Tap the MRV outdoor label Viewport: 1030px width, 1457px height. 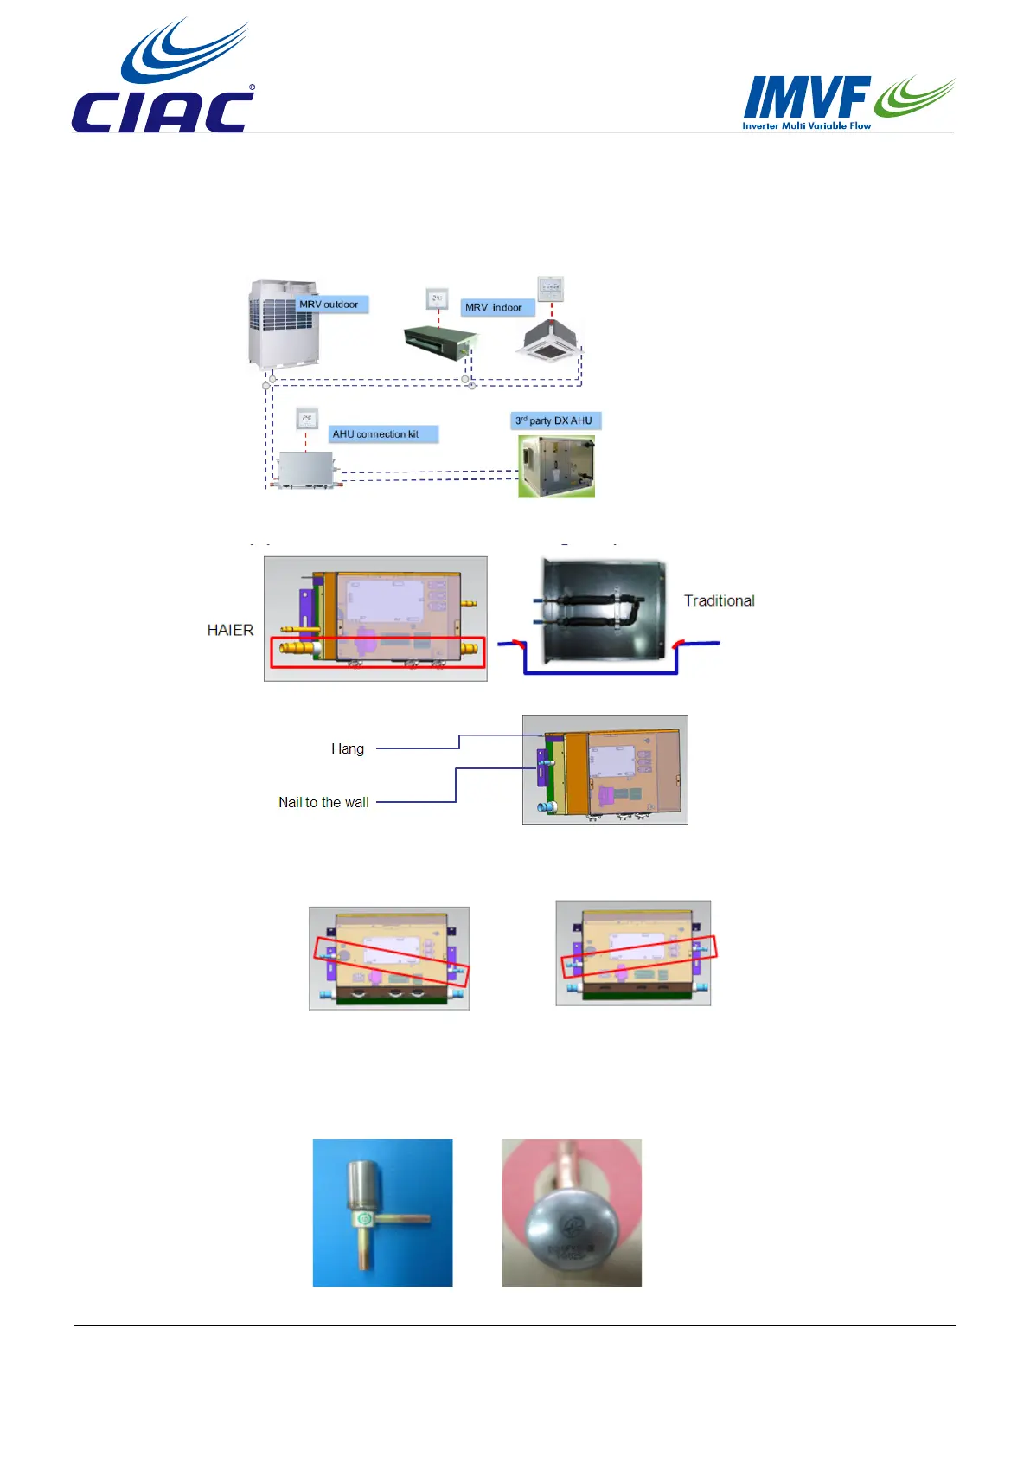click(329, 305)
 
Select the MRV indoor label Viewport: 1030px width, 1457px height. click(495, 307)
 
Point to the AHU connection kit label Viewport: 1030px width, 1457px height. click(377, 434)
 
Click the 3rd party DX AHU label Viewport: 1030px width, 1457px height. click(554, 420)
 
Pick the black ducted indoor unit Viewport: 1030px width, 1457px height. click(438, 343)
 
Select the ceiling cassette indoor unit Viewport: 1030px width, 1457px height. click(550, 343)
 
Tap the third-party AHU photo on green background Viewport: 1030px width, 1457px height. click(556, 466)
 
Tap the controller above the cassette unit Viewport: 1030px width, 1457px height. click(550, 288)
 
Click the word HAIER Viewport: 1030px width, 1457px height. click(230, 630)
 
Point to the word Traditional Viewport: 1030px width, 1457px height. click(719, 600)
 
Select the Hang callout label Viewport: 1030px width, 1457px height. click(348, 748)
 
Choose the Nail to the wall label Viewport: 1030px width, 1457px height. click(323, 802)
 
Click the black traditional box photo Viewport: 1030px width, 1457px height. click(602, 610)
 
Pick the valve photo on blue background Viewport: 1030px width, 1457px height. click(382, 1212)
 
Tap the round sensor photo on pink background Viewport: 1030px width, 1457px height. click(572, 1212)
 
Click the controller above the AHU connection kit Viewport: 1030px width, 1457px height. click(307, 420)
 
